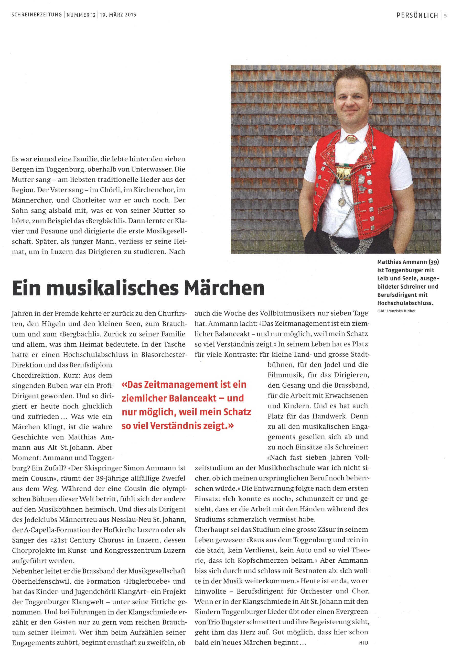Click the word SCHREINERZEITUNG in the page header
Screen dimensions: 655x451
click(x=37, y=15)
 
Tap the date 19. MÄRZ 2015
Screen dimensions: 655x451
click(x=118, y=15)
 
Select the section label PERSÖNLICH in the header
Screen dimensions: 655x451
click(x=417, y=15)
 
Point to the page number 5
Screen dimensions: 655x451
click(x=445, y=16)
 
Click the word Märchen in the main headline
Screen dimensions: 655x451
click(x=224, y=288)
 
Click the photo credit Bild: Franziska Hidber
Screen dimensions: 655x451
click(x=396, y=311)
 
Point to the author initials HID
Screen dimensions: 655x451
click(x=363, y=643)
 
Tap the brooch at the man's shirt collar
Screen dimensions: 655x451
click(x=351, y=139)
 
